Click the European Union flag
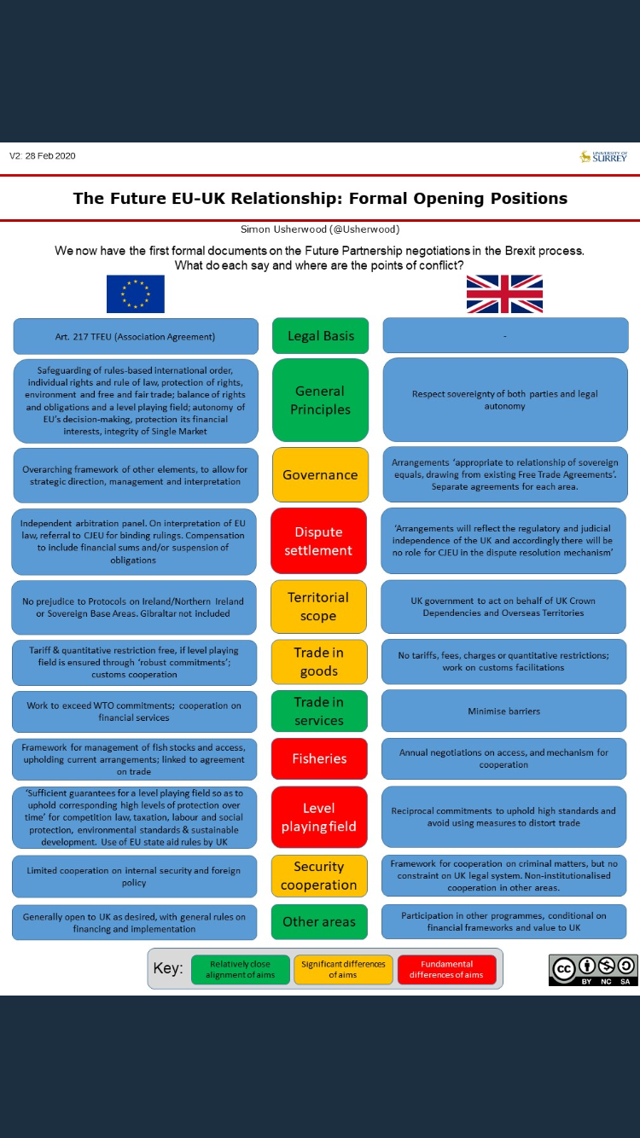pos(135,294)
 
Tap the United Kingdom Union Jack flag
pos(504,294)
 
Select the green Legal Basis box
pos(320,335)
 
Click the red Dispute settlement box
pos(318,541)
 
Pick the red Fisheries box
pos(319,758)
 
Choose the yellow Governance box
pos(320,474)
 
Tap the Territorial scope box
pos(318,607)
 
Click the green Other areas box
pos(319,921)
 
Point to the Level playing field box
pos(318,817)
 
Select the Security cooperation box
pos(318,876)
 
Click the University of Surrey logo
pos(603,156)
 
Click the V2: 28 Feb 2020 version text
pos(43,156)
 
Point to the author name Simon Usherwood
pos(320,229)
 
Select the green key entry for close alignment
pos(240,969)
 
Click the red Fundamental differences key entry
pos(445,969)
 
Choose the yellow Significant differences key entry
pos(343,969)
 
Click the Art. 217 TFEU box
pos(135,336)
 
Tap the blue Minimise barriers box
pos(503,711)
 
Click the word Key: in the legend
pos(168,969)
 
